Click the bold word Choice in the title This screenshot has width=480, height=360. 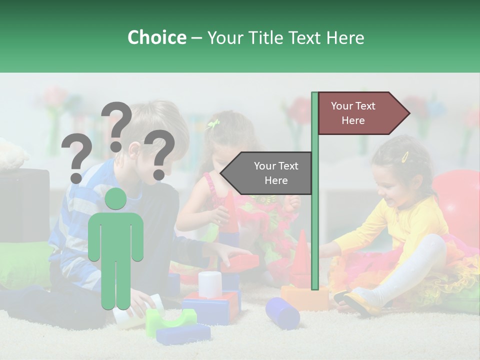[x=156, y=38]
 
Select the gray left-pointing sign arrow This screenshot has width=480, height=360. [x=268, y=173]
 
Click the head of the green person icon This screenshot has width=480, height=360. [x=115, y=199]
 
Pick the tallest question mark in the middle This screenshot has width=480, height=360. [x=116, y=125]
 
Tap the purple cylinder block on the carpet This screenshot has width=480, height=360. [x=282, y=312]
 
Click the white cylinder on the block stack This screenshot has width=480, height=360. [x=210, y=283]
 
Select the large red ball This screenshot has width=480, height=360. [x=457, y=200]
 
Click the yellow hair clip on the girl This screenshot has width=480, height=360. [x=405, y=156]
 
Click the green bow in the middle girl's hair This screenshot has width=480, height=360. [x=214, y=124]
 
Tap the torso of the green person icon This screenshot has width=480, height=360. [x=115, y=235]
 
